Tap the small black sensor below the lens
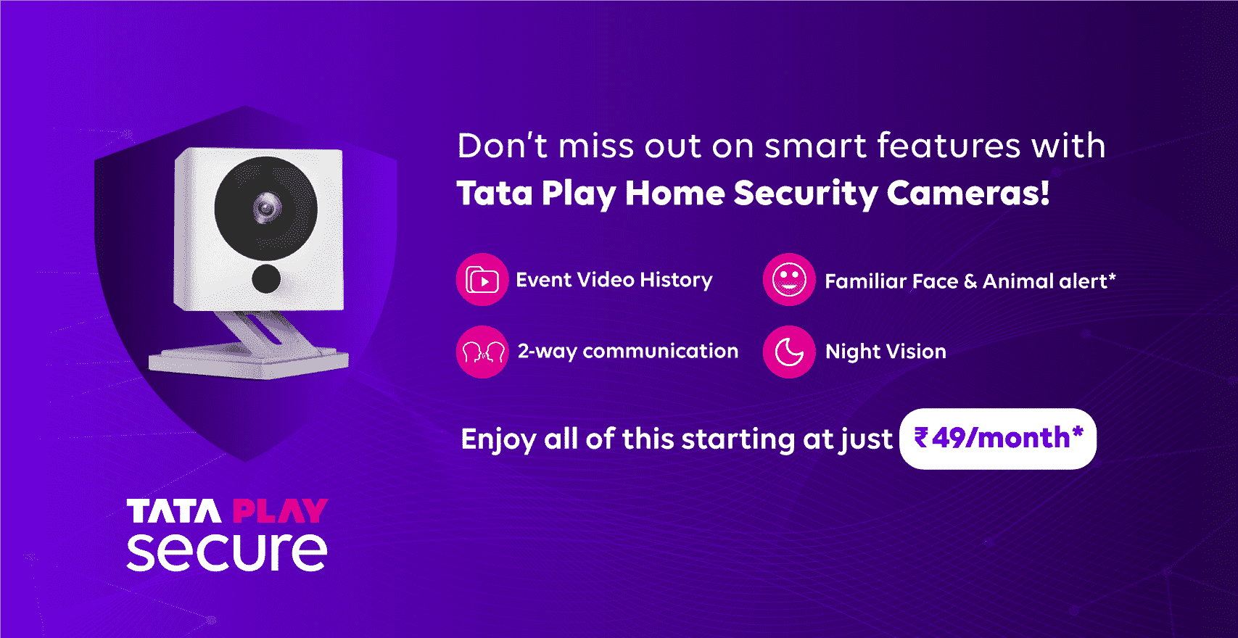click(266, 278)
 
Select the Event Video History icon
click(482, 280)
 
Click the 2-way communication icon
click(482, 352)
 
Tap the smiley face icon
click(789, 280)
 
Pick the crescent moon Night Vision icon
click(789, 352)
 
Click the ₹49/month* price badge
click(998, 439)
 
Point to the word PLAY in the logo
click(280, 511)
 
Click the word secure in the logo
click(227, 552)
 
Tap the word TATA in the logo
click(174, 511)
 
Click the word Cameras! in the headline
click(967, 194)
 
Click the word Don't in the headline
click(502, 146)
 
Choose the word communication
click(660, 352)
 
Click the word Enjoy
click(498, 440)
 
